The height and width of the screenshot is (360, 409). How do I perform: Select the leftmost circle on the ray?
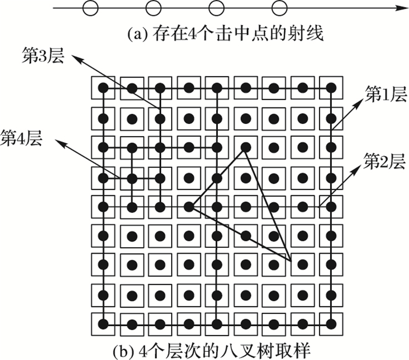point(89,8)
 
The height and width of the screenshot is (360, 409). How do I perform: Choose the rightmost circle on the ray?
point(280,8)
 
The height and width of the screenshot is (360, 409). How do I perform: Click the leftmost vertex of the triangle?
point(190,206)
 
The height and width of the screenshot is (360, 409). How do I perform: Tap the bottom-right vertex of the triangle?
point(290,260)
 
